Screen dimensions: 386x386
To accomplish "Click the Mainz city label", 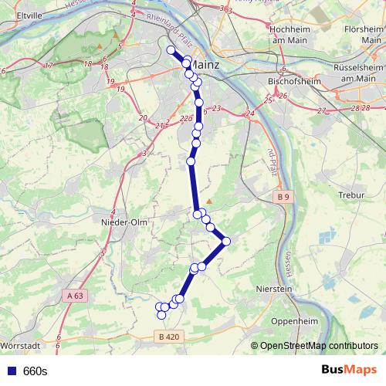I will (x=204, y=65).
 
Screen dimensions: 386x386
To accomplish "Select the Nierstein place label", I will (x=276, y=289).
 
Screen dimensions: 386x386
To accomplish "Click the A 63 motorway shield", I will (x=75, y=295).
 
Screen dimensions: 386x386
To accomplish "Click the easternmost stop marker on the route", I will (x=226, y=242).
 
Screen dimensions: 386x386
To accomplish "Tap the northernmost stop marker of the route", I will (x=171, y=50).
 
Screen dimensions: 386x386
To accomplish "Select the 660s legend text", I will (x=36, y=371).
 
